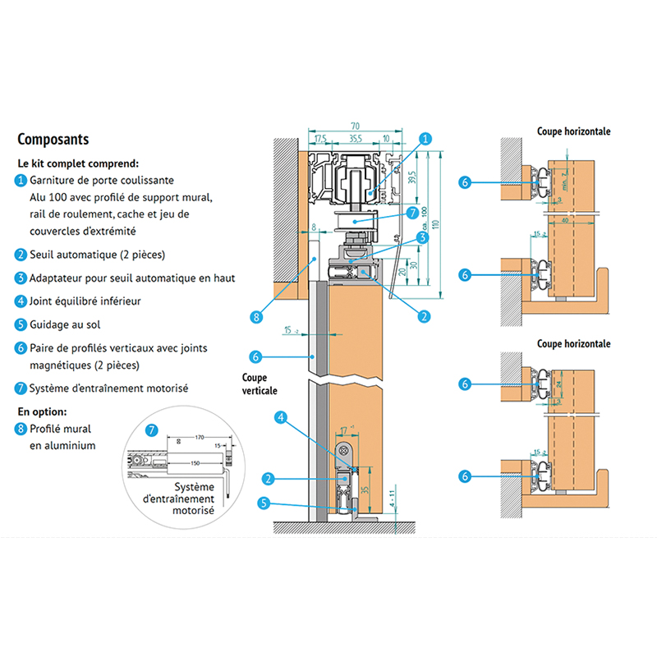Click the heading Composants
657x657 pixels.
click(x=53, y=140)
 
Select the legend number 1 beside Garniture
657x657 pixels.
click(x=21, y=180)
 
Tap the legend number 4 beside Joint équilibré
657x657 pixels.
click(x=21, y=301)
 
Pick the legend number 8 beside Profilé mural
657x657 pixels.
click(x=21, y=429)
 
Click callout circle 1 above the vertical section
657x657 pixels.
click(x=425, y=140)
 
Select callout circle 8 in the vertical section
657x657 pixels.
click(x=257, y=315)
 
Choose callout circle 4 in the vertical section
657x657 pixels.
click(x=281, y=417)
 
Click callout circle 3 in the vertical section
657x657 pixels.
click(x=422, y=237)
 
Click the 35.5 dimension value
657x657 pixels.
click(x=356, y=139)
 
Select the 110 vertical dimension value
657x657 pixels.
click(x=439, y=223)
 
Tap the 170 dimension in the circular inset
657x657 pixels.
click(x=199, y=439)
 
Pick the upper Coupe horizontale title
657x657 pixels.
click(x=574, y=131)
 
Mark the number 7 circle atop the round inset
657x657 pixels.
click(x=151, y=430)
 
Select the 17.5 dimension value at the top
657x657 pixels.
click(x=320, y=139)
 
